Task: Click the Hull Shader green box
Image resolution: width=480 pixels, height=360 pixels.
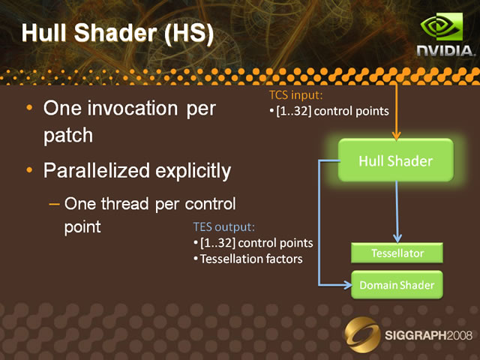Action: (x=396, y=160)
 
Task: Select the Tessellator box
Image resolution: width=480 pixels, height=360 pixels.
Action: (x=397, y=253)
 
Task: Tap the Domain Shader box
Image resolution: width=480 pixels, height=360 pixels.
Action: (x=397, y=285)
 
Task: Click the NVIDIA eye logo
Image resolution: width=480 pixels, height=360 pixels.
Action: (x=442, y=27)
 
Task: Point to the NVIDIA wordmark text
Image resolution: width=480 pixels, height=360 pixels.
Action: (x=446, y=51)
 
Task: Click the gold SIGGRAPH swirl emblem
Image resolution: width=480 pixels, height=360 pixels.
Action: (x=362, y=334)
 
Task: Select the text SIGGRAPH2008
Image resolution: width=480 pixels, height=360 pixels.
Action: (x=428, y=335)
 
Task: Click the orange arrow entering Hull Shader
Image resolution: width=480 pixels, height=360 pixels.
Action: (x=396, y=112)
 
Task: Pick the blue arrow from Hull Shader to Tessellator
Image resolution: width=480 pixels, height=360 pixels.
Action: (x=397, y=211)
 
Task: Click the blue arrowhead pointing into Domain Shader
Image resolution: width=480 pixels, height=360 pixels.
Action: (x=348, y=285)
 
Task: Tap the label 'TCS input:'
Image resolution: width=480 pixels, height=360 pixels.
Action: (x=295, y=95)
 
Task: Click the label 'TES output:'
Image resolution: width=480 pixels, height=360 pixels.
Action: (x=223, y=226)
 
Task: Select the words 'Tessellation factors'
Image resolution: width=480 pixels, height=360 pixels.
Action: (x=251, y=259)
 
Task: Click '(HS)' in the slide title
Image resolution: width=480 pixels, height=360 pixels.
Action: (x=189, y=33)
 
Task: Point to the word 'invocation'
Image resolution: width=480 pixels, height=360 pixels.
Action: (x=133, y=108)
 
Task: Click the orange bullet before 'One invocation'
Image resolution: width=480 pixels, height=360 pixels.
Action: (x=29, y=107)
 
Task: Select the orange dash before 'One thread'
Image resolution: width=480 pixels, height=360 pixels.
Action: (x=54, y=204)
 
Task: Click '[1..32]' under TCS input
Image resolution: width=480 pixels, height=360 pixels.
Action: (x=293, y=111)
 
